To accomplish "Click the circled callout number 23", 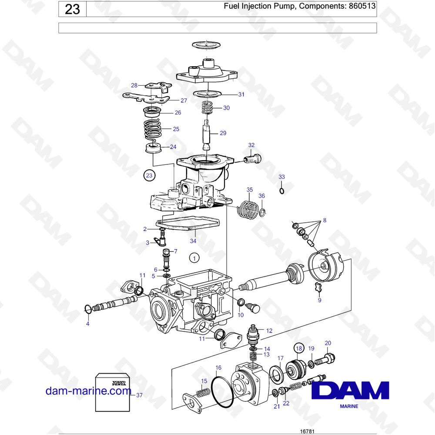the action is pos(149,175).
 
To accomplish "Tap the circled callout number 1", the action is pos(194,258).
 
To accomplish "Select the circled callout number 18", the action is pos(299,348).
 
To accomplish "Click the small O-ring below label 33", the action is pos(281,191).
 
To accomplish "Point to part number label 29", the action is pos(223,133).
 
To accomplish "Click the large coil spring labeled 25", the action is pos(153,129).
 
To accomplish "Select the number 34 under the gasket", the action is pos(193,241).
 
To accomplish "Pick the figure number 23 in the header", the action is pos(72,9).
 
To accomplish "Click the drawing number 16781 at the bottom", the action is pos(308,432).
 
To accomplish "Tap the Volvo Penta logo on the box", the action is pos(119,383).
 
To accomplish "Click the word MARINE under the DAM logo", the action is pos(349,406).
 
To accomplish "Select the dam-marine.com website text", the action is pos(88,391).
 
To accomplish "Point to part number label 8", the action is pos(325,220).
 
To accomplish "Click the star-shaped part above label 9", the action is pos(318,288).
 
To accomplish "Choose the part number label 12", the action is pos(269,331).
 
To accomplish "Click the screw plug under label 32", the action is pos(253,159).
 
